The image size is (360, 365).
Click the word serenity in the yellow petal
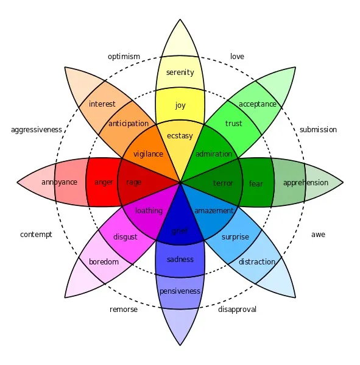coord(180,73)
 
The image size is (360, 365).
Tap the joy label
coord(180,105)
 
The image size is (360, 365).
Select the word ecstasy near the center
coord(180,136)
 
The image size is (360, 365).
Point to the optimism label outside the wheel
coord(124,57)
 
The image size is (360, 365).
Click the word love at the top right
coord(237,56)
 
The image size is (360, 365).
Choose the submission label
coord(318,129)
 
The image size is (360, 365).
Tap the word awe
coord(318,235)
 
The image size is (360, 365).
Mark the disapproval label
coord(237,310)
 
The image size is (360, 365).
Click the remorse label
coord(124,310)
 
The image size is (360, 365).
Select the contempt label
coord(36,235)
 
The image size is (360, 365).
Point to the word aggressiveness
coord(37,130)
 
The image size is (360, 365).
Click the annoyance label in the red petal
coord(59,182)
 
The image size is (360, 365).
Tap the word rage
coord(133,182)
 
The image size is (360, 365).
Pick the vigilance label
coord(148,154)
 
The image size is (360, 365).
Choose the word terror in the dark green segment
coord(223,183)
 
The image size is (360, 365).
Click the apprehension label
coord(306,183)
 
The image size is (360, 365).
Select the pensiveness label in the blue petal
coord(180,291)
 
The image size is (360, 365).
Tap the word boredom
coord(104,261)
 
